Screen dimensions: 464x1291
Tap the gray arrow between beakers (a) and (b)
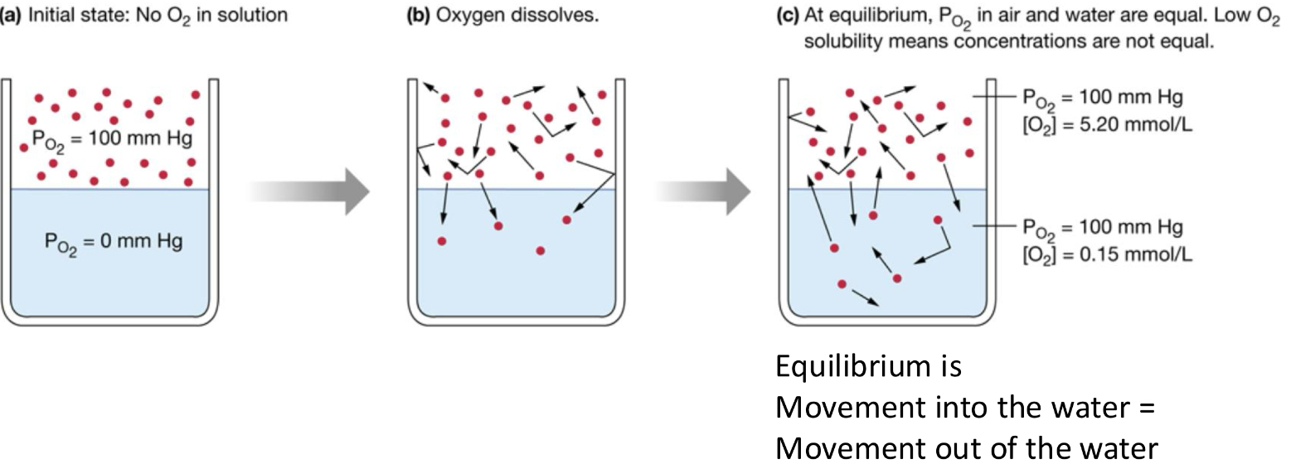tap(308, 191)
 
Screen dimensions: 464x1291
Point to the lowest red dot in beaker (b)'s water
tap(541, 250)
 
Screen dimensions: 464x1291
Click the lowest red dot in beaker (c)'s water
tap(842, 284)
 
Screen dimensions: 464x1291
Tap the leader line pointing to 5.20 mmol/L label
tap(993, 99)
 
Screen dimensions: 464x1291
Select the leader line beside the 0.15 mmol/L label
tap(993, 226)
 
